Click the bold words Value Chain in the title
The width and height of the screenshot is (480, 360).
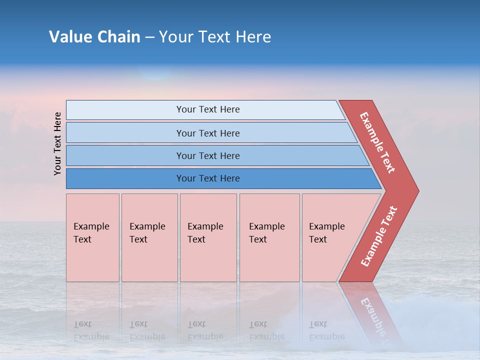94,37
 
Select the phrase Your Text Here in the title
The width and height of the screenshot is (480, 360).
215,37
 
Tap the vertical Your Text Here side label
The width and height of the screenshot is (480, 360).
57,143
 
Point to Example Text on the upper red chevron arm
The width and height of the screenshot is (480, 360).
377,142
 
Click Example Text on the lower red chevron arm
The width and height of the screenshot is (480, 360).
379,236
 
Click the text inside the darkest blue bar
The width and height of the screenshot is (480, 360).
208,178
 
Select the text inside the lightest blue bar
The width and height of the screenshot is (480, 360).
208,109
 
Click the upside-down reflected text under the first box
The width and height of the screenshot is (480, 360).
91,330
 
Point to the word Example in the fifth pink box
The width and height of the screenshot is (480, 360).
326,226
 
